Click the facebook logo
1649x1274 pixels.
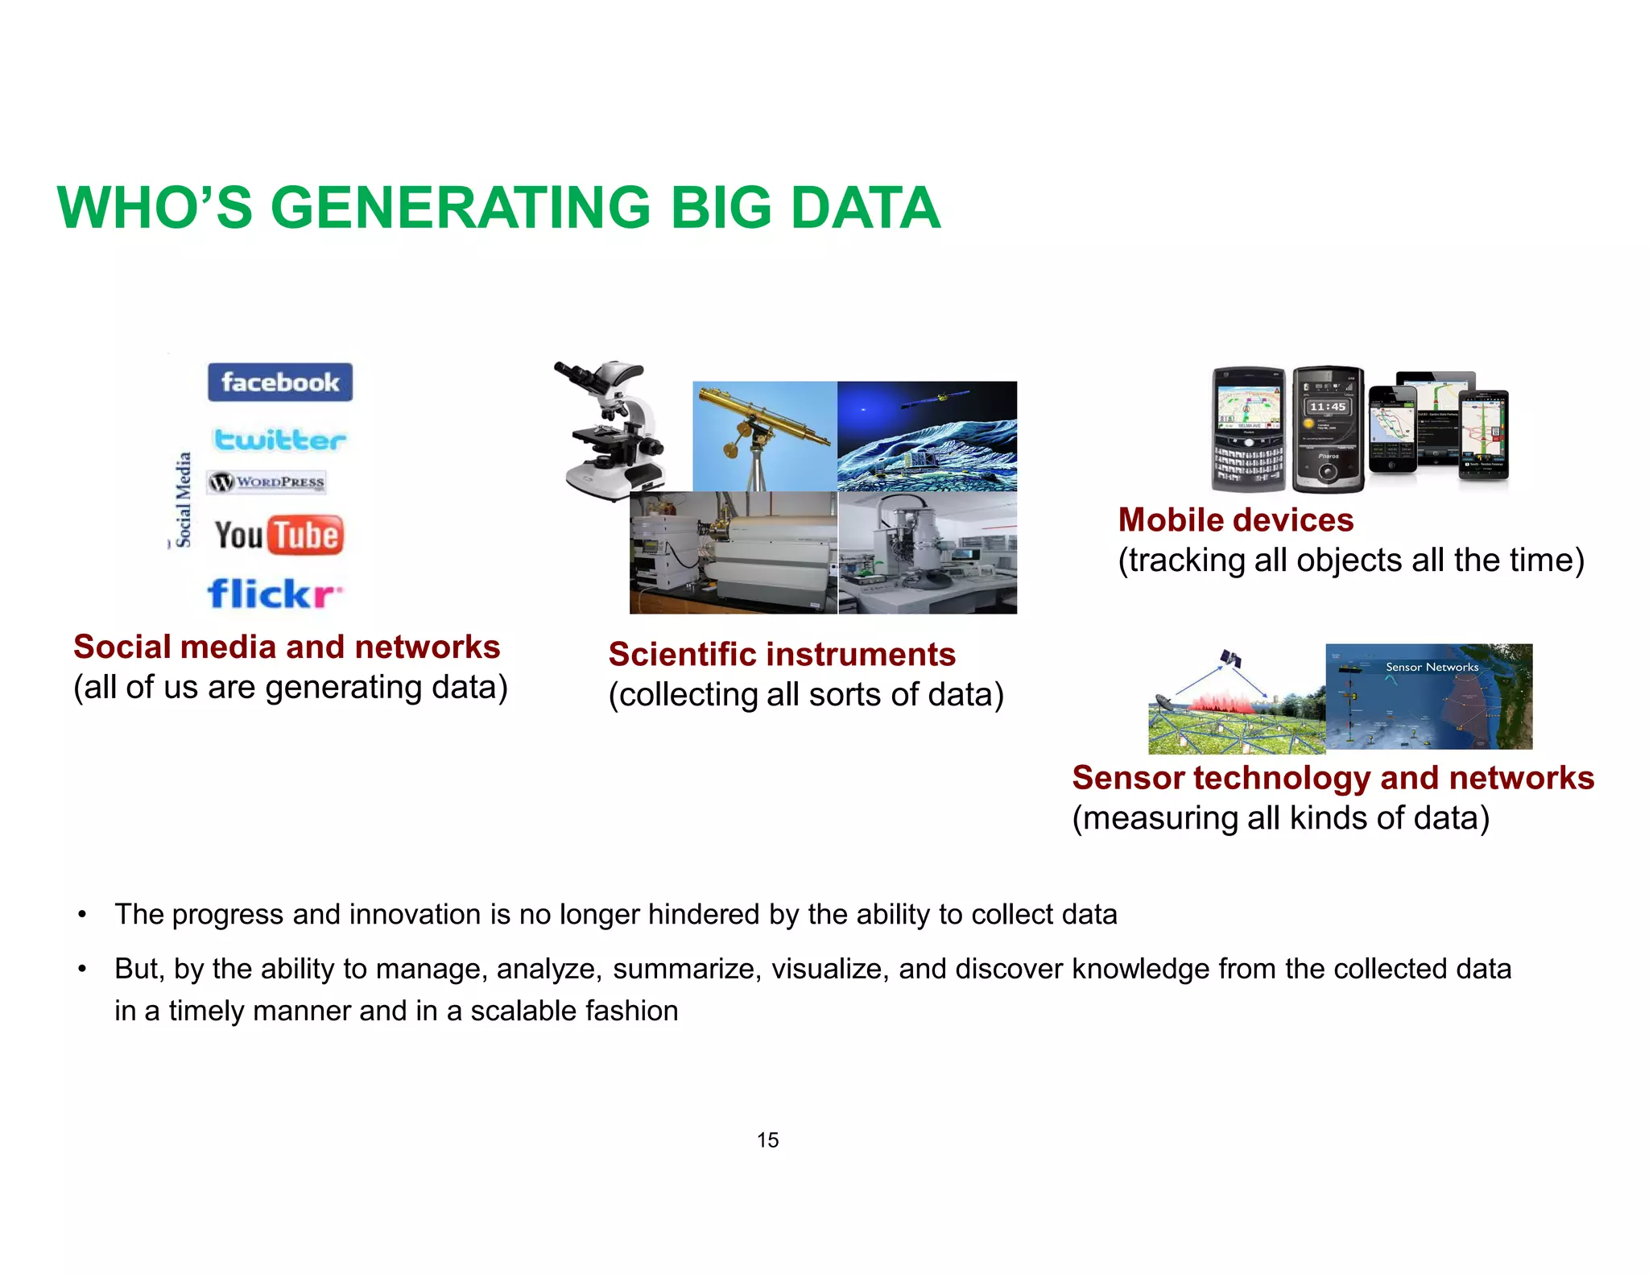point(279,382)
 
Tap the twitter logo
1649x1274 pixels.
point(279,440)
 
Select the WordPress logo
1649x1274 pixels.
point(267,482)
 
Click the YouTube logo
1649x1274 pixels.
point(279,535)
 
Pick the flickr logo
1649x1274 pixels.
point(274,594)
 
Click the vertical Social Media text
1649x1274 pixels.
point(184,500)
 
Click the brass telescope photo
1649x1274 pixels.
point(764,436)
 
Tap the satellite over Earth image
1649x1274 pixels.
point(927,436)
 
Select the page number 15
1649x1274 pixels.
point(767,1140)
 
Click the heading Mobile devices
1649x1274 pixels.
point(1235,520)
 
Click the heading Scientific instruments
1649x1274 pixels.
point(781,654)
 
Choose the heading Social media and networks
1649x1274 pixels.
point(287,647)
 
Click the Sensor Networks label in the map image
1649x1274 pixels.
point(1432,667)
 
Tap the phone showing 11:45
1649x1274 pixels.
point(1328,429)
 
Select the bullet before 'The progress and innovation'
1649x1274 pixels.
point(81,915)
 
